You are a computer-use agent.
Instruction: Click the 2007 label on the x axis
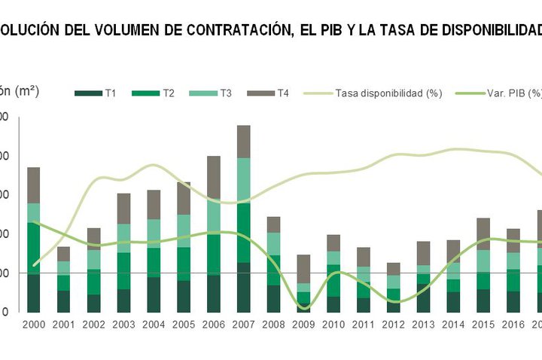243,325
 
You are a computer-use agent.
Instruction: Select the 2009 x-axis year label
303,325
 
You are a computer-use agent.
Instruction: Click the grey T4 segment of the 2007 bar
243,142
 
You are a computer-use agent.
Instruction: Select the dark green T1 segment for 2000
34,293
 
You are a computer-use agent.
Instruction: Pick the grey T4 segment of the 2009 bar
303,269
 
